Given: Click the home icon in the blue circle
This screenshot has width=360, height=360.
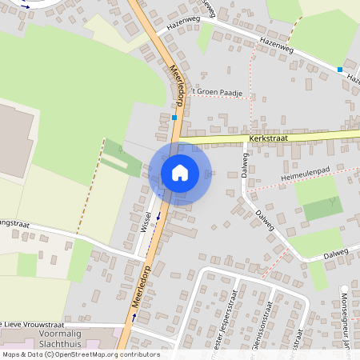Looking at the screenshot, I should pos(180,173).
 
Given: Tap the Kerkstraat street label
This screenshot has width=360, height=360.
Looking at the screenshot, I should pos(267,138).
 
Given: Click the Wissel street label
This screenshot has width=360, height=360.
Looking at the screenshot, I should pos(146,222).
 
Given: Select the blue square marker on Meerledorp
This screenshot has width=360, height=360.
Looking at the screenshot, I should pos(174,118).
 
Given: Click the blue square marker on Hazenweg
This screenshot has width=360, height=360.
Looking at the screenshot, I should pos(340,70).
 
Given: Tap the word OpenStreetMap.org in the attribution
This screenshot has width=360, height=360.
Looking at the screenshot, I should pos(86,354).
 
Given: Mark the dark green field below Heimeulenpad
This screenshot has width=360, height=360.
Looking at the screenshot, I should pos(322,208).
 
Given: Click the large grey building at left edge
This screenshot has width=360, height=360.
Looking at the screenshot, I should pos(14,140).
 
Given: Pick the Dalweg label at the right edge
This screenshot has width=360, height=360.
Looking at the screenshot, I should pos(336,254).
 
